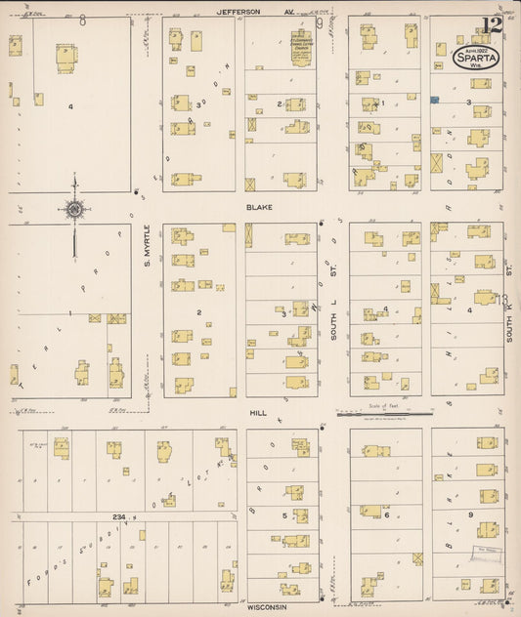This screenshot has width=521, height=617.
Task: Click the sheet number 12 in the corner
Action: pos(491,23)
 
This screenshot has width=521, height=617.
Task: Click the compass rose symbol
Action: pos(73,208)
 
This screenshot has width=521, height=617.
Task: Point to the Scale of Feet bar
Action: pos(379,414)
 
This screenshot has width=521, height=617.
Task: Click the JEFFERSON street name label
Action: pos(240,11)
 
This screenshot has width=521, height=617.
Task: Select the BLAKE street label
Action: pos(259,207)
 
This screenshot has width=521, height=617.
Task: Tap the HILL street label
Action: pos(258,413)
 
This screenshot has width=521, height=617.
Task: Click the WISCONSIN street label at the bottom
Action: pos(266,606)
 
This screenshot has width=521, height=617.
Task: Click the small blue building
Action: pos(434,99)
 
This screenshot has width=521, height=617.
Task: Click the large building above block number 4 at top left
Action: pos(65,57)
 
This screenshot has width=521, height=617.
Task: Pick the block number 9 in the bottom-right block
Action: pos(470,514)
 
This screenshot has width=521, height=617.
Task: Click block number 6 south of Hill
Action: pos(386,514)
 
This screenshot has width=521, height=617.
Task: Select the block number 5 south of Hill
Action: pos(284,514)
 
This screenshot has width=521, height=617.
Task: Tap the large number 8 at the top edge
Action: pos(82,21)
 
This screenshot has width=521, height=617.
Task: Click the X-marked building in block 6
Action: pos(417,558)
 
